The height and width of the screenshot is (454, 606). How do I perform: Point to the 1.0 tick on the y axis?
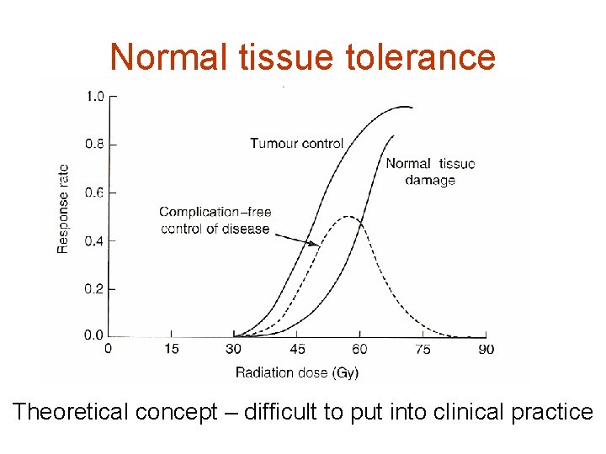(95, 97)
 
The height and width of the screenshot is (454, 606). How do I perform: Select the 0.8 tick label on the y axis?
(95, 145)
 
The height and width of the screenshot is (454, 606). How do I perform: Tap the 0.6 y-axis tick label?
(95, 193)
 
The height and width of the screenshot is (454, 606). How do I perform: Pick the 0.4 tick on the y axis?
(95, 241)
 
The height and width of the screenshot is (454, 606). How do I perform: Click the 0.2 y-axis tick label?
(95, 289)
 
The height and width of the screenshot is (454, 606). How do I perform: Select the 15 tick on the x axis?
(171, 349)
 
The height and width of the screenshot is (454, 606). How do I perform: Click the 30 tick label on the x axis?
(234, 349)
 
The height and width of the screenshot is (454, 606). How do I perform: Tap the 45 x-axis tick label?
(297, 349)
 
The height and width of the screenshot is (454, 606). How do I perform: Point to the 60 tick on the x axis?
(360, 349)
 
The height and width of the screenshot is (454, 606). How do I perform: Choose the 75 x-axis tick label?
(423, 349)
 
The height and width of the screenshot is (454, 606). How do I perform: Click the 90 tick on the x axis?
(486, 349)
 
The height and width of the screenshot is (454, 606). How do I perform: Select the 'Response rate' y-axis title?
(63, 208)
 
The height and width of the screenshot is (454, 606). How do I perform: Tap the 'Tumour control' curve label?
(296, 143)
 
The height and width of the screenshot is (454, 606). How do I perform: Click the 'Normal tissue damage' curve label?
(430, 172)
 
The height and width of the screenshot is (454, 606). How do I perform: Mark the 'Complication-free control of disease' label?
(215, 220)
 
